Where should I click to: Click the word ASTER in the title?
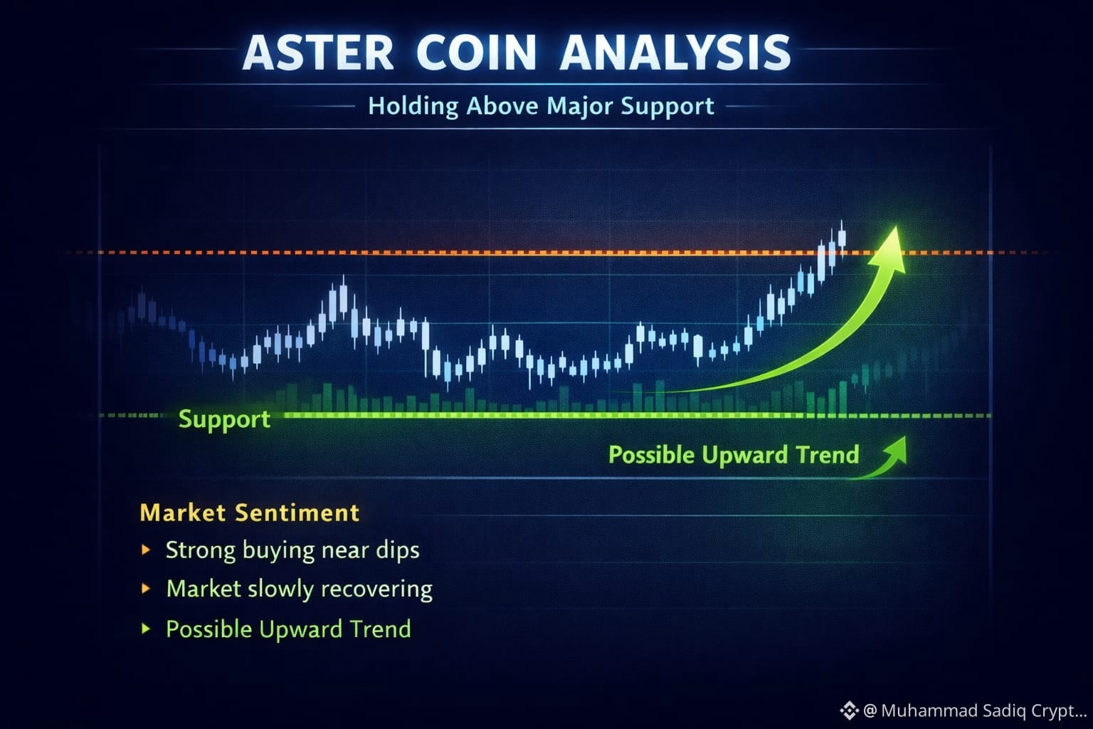(x=317, y=53)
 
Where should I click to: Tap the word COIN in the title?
(x=476, y=53)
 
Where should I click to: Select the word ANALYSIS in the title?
(x=675, y=53)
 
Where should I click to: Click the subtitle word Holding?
(x=413, y=107)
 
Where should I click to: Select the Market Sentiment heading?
(x=250, y=513)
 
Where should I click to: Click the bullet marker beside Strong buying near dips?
(x=145, y=550)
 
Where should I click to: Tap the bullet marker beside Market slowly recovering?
(x=145, y=588)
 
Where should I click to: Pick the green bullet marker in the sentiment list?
(x=145, y=629)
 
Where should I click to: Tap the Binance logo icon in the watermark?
(x=849, y=710)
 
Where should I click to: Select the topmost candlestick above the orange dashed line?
(x=842, y=238)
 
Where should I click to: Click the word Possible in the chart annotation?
(x=652, y=455)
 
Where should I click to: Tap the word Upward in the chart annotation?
(x=745, y=455)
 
